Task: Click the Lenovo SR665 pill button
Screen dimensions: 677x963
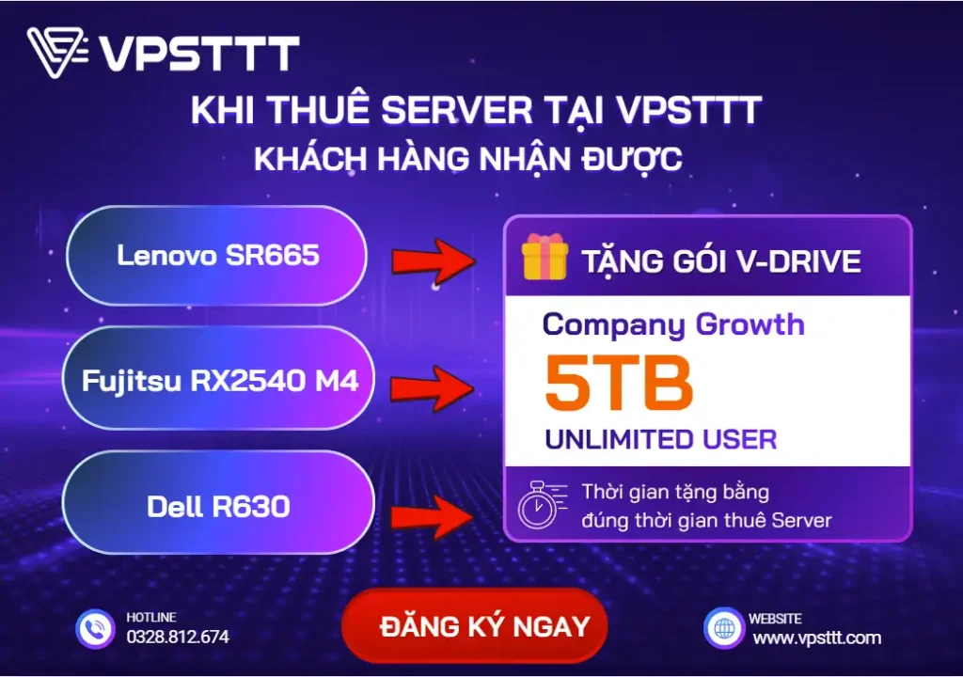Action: [217, 255]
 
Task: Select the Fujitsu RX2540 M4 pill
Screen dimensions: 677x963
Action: [220, 380]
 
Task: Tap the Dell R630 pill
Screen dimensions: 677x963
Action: [218, 507]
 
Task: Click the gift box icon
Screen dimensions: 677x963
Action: [545, 257]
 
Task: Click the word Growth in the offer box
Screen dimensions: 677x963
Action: [750, 325]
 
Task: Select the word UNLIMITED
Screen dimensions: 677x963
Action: [621, 438]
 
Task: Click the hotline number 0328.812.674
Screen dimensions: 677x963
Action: [178, 637]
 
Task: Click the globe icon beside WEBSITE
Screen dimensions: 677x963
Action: [722, 627]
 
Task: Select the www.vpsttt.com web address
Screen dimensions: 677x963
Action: [816, 638]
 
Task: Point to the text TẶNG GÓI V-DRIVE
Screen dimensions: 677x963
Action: [720, 260]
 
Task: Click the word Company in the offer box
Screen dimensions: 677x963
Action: [614, 325]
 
